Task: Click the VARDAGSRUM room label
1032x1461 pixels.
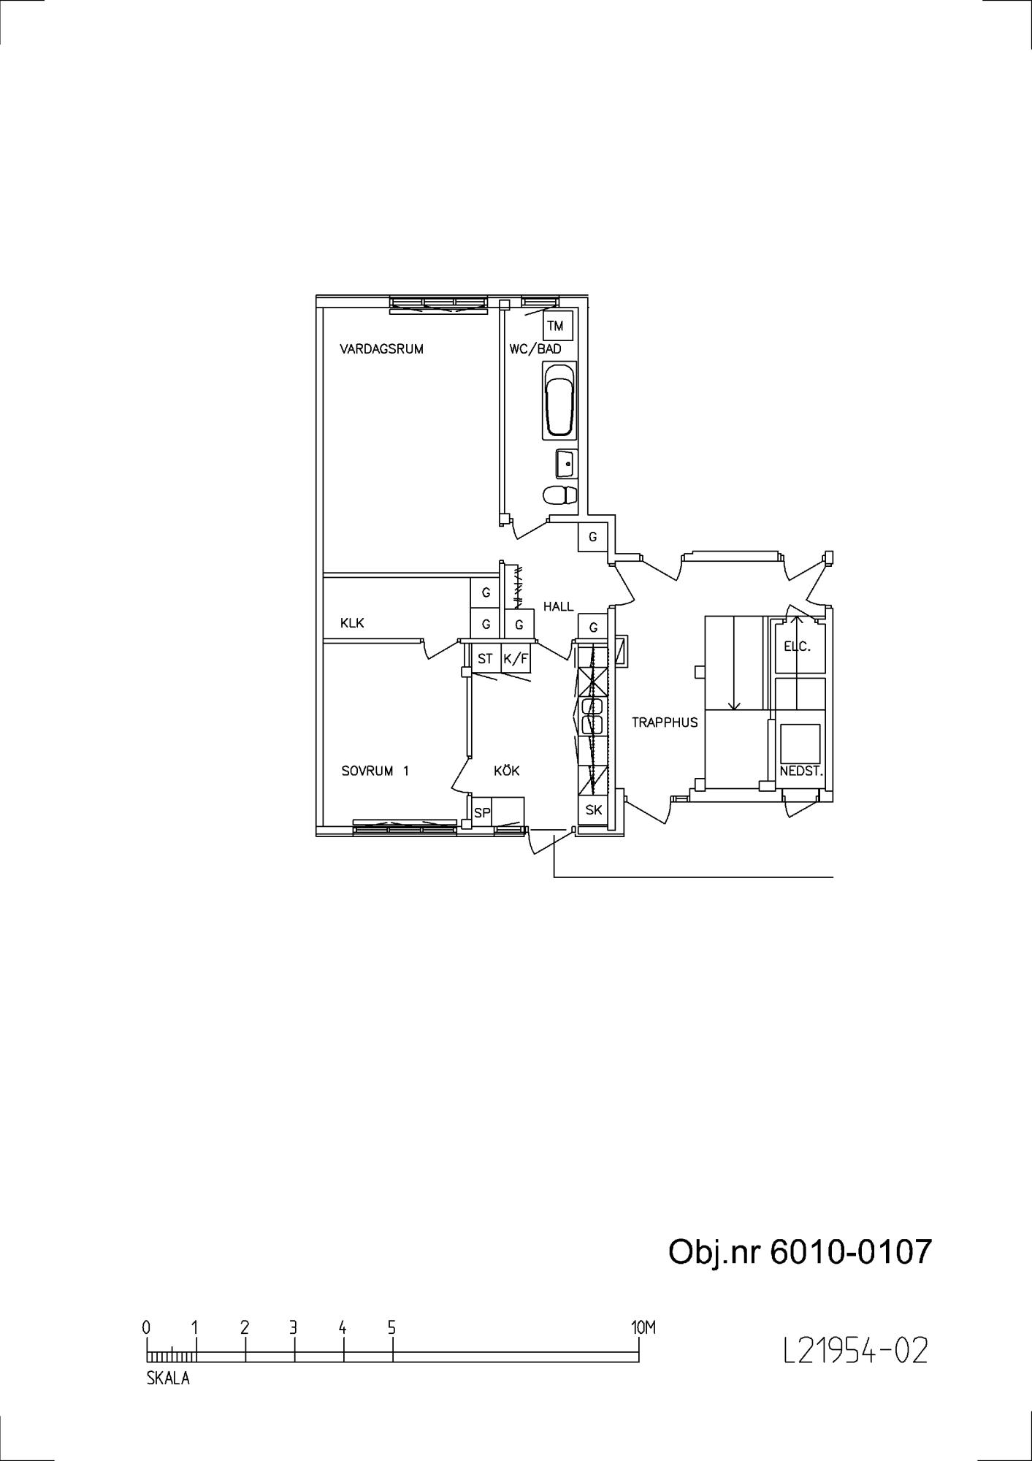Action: (381, 349)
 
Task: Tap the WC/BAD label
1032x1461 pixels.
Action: (535, 349)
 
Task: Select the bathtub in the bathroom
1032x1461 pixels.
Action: (559, 400)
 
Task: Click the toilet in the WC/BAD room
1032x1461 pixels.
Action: (560, 495)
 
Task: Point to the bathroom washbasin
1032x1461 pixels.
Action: (566, 463)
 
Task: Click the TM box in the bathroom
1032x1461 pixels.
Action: (557, 326)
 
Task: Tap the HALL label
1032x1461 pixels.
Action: (559, 606)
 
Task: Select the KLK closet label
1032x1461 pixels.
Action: (352, 623)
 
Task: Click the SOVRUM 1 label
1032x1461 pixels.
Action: (375, 771)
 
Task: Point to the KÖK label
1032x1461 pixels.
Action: (507, 770)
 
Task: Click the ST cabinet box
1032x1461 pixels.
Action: (486, 659)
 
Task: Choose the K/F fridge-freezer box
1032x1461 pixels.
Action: (516, 659)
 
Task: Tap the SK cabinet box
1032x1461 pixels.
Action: (594, 810)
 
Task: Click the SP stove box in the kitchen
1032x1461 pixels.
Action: (482, 812)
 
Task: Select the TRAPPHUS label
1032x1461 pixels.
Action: (665, 722)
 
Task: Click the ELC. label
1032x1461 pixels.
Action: (798, 646)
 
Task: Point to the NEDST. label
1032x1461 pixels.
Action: (801, 771)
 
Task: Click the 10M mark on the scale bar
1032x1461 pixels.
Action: (643, 1328)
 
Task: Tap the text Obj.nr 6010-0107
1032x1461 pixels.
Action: (800, 1251)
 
